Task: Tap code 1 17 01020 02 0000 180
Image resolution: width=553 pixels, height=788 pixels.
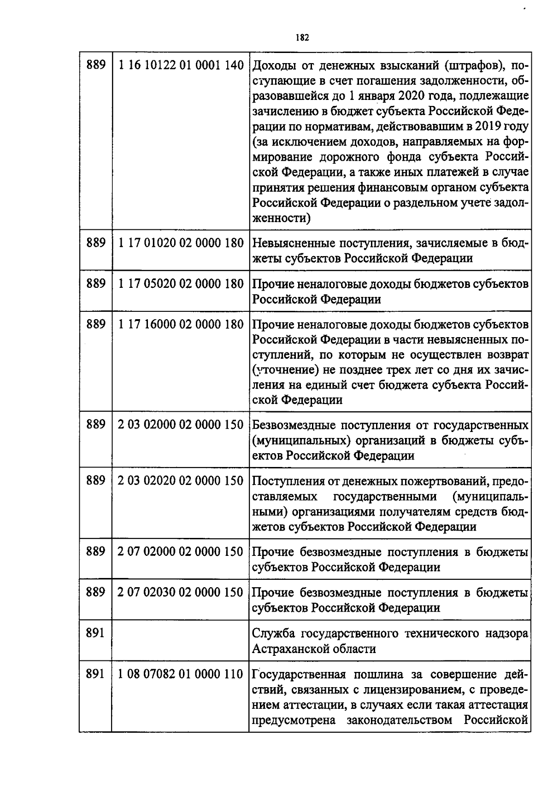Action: pos(181,243)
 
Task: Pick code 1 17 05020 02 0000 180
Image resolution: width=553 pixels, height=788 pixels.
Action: pos(181,284)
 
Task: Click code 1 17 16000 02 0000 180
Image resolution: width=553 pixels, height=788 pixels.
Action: pos(181,324)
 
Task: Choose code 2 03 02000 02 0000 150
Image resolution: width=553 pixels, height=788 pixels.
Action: pos(181,425)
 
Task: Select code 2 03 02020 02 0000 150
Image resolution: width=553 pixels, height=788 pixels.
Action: pos(181,481)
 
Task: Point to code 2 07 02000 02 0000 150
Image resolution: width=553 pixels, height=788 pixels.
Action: pos(181,551)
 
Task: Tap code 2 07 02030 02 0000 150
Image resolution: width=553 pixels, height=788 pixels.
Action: pos(181,592)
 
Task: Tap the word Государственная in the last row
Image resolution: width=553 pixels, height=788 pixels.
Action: pos(299,675)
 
